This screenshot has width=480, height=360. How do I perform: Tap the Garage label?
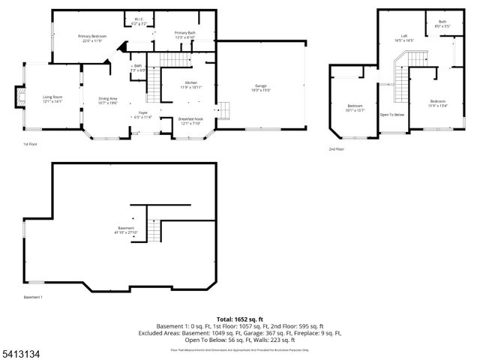[x=261, y=88]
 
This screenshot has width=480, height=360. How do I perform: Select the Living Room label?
[x=52, y=96]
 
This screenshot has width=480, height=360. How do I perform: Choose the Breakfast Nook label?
[x=190, y=121]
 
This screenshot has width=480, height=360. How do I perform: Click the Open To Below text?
[x=392, y=115]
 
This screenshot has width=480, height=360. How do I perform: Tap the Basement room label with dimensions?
[x=126, y=229]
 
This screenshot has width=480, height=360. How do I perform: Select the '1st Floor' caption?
[x=29, y=143]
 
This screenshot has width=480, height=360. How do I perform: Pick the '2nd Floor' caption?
[x=337, y=149]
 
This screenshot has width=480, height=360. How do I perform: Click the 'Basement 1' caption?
[x=33, y=298]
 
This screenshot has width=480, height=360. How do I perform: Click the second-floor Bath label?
[x=442, y=23]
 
